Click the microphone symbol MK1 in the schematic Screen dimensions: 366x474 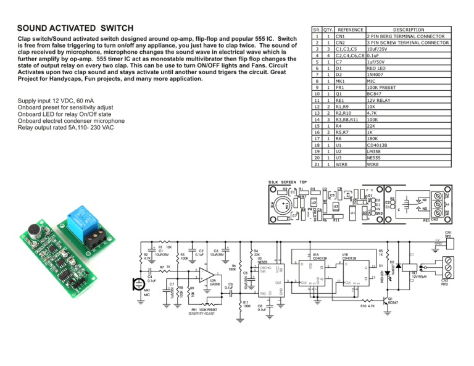pos(138,286)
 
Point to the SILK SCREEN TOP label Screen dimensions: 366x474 pos(287,182)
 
